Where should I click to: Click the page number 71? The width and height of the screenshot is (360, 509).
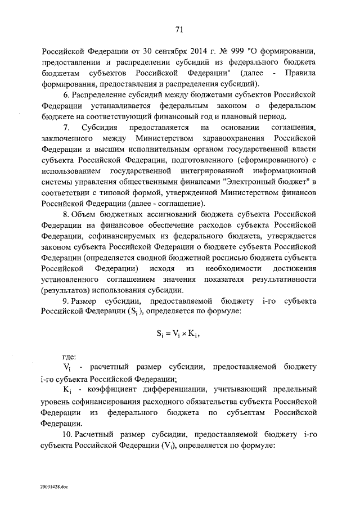[x=179, y=30]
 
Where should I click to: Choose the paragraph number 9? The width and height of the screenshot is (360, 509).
[x=66, y=302]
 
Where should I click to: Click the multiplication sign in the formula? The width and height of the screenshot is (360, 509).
[x=181, y=333]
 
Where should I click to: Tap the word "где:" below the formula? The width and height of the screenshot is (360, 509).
[x=70, y=355]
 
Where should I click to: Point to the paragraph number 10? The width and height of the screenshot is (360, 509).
[x=67, y=435]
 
